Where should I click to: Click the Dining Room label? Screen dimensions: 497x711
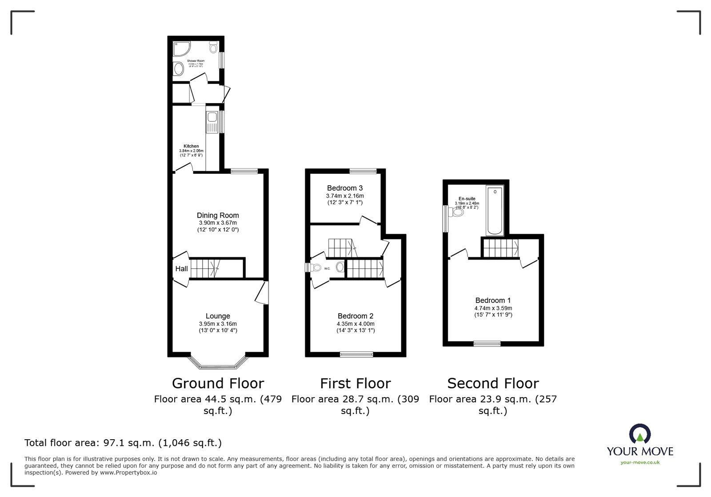pyautogui.click(x=218, y=215)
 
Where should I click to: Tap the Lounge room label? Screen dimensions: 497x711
pyautogui.click(x=218, y=316)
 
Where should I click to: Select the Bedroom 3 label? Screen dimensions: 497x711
pyautogui.click(x=345, y=188)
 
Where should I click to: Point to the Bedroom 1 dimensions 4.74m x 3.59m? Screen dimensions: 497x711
pyautogui.click(x=493, y=308)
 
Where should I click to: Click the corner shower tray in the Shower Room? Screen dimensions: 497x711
pyautogui.click(x=180, y=48)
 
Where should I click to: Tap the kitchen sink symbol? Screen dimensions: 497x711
pyautogui.click(x=212, y=118)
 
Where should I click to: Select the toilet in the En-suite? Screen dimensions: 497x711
pyautogui.click(x=457, y=212)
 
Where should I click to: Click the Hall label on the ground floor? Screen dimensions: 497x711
pyautogui.click(x=181, y=269)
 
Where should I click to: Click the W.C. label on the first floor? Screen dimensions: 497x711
pyautogui.click(x=327, y=268)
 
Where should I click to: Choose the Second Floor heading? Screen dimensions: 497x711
pyautogui.click(x=493, y=383)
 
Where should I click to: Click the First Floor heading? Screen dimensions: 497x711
pyautogui.click(x=355, y=383)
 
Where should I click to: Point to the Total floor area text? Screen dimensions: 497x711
pyautogui.click(x=123, y=443)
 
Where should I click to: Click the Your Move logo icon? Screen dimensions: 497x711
pyautogui.click(x=640, y=434)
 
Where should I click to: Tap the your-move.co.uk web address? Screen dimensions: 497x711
pyautogui.click(x=640, y=462)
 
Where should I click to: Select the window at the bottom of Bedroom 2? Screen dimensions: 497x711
pyautogui.click(x=356, y=354)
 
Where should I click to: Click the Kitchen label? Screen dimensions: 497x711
pyautogui.click(x=191, y=146)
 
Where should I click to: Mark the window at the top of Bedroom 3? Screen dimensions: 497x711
pyautogui.click(x=363, y=171)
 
